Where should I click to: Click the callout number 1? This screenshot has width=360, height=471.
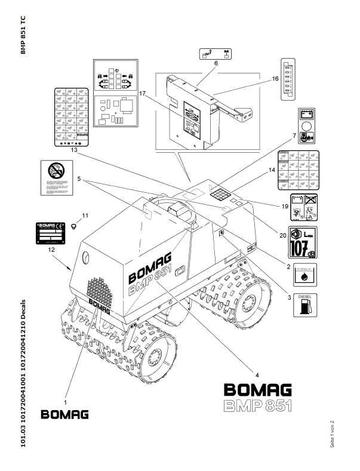(x=65, y=394)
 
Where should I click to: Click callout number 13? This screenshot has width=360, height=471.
(x=73, y=150)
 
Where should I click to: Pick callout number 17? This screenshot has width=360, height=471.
(x=143, y=94)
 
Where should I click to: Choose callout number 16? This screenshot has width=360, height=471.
(x=275, y=78)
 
